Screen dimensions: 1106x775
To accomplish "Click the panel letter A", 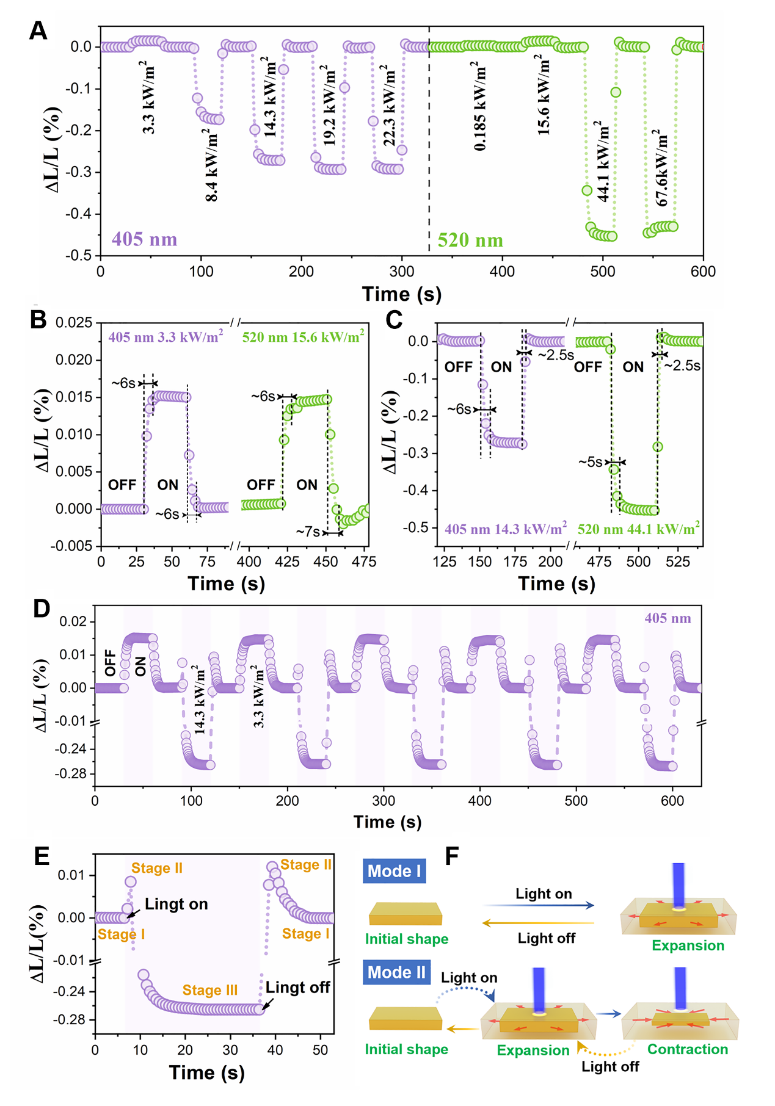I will tap(38, 30).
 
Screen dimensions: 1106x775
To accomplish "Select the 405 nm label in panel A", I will tap(144, 239).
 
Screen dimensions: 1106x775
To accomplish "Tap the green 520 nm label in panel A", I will tap(470, 240).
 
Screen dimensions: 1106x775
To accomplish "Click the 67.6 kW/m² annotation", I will tap(661, 167).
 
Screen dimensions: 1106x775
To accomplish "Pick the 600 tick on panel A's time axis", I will tap(703, 272).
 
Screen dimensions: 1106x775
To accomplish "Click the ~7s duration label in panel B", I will tap(308, 532).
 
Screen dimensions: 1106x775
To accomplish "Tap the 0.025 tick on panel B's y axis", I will tap(74, 322).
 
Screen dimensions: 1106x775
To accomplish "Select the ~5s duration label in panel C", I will tap(591, 462).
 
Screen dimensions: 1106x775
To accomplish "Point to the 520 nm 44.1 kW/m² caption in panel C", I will tap(639, 529).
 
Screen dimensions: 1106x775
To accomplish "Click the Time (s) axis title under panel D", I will tap(387, 822).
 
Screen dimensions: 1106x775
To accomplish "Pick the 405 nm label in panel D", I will tap(668, 618).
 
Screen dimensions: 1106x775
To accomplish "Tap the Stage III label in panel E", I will tap(209, 990).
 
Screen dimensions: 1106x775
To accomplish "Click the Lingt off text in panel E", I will tap(297, 987).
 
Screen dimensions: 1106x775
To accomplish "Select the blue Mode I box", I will tap(394, 871).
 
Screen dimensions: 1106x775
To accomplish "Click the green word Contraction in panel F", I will tap(688, 1049).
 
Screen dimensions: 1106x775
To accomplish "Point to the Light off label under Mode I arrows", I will tap(546, 938).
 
